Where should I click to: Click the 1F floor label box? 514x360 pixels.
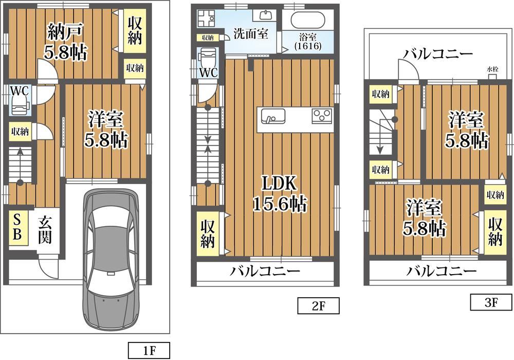pyautogui.click(x=149, y=351)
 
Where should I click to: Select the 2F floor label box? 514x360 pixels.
pyautogui.click(x=318, y=306)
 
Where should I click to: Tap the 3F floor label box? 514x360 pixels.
pyautogui.click(x=491, y=302)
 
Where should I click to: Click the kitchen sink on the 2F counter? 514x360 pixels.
pyautogui.click(x=273, y=116)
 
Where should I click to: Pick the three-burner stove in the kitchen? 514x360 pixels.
pyautogui.click(x=322, y=116)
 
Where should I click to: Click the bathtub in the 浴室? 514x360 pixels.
pyautogui.click(x=308, y=20)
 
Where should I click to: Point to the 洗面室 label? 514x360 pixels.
pyautogui.click(x=251, y=34)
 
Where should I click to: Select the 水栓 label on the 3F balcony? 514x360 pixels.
pyautogui.click(x=492, y=69)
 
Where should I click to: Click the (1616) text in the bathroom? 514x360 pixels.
pyautogui.click(x=307, y=46)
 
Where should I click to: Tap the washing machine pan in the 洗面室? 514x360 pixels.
pyautogui.click(x=206, y=19)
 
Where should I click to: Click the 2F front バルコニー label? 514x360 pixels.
pyautogui.click(x=264, y=272)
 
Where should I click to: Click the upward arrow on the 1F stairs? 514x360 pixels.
pyautogui.click(x=20, y=166)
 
